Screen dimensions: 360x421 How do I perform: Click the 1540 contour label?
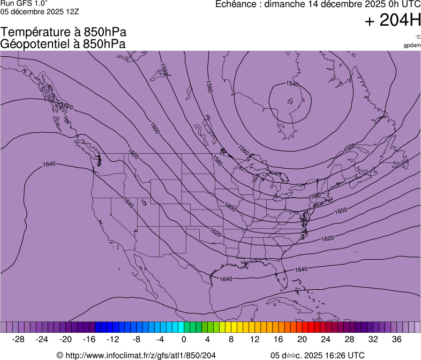(x=292, y=84)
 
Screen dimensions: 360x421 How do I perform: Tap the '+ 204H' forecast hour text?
(x=392, y=21)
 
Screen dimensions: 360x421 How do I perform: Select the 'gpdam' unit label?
(x=412, y=45)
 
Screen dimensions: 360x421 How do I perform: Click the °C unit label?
(x=418, y=37)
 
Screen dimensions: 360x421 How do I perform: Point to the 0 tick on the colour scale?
(x=184, y=340)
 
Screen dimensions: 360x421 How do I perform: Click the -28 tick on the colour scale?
(x=19, y=340)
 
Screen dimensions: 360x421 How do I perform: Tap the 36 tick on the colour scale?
(x=396, y=340)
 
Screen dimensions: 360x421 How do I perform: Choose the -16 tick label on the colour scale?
(x=89, y=340)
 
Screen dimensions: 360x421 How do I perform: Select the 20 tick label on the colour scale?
(x=302, y=340)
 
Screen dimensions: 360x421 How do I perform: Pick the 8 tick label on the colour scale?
(x=231, y=340)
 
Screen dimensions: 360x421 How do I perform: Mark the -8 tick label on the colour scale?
(x=137, y=340)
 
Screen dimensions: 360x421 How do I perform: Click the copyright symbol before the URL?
(x=60, y=355)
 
